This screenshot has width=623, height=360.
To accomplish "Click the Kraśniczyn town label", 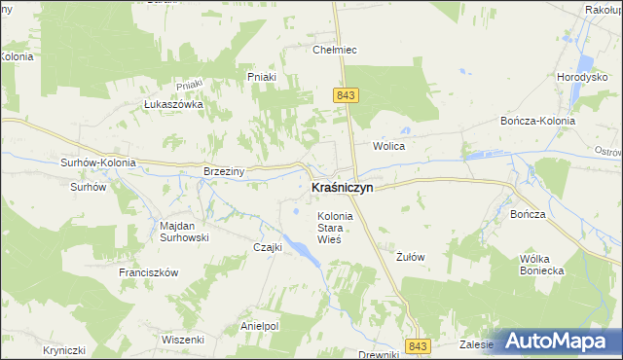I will (342, 187).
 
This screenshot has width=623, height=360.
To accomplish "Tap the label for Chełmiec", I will (331, 50).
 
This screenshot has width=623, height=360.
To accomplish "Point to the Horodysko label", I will (582, 77).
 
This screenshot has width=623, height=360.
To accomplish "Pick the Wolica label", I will (388, 146).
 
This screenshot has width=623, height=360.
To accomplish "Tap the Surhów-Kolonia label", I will (97, 163).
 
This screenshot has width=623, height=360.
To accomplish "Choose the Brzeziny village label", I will (224, 170).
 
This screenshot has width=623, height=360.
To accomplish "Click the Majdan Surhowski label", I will (184, 232).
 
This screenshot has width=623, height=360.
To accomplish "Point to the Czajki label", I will (267, 247).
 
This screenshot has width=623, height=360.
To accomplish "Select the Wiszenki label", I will (183, 340).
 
